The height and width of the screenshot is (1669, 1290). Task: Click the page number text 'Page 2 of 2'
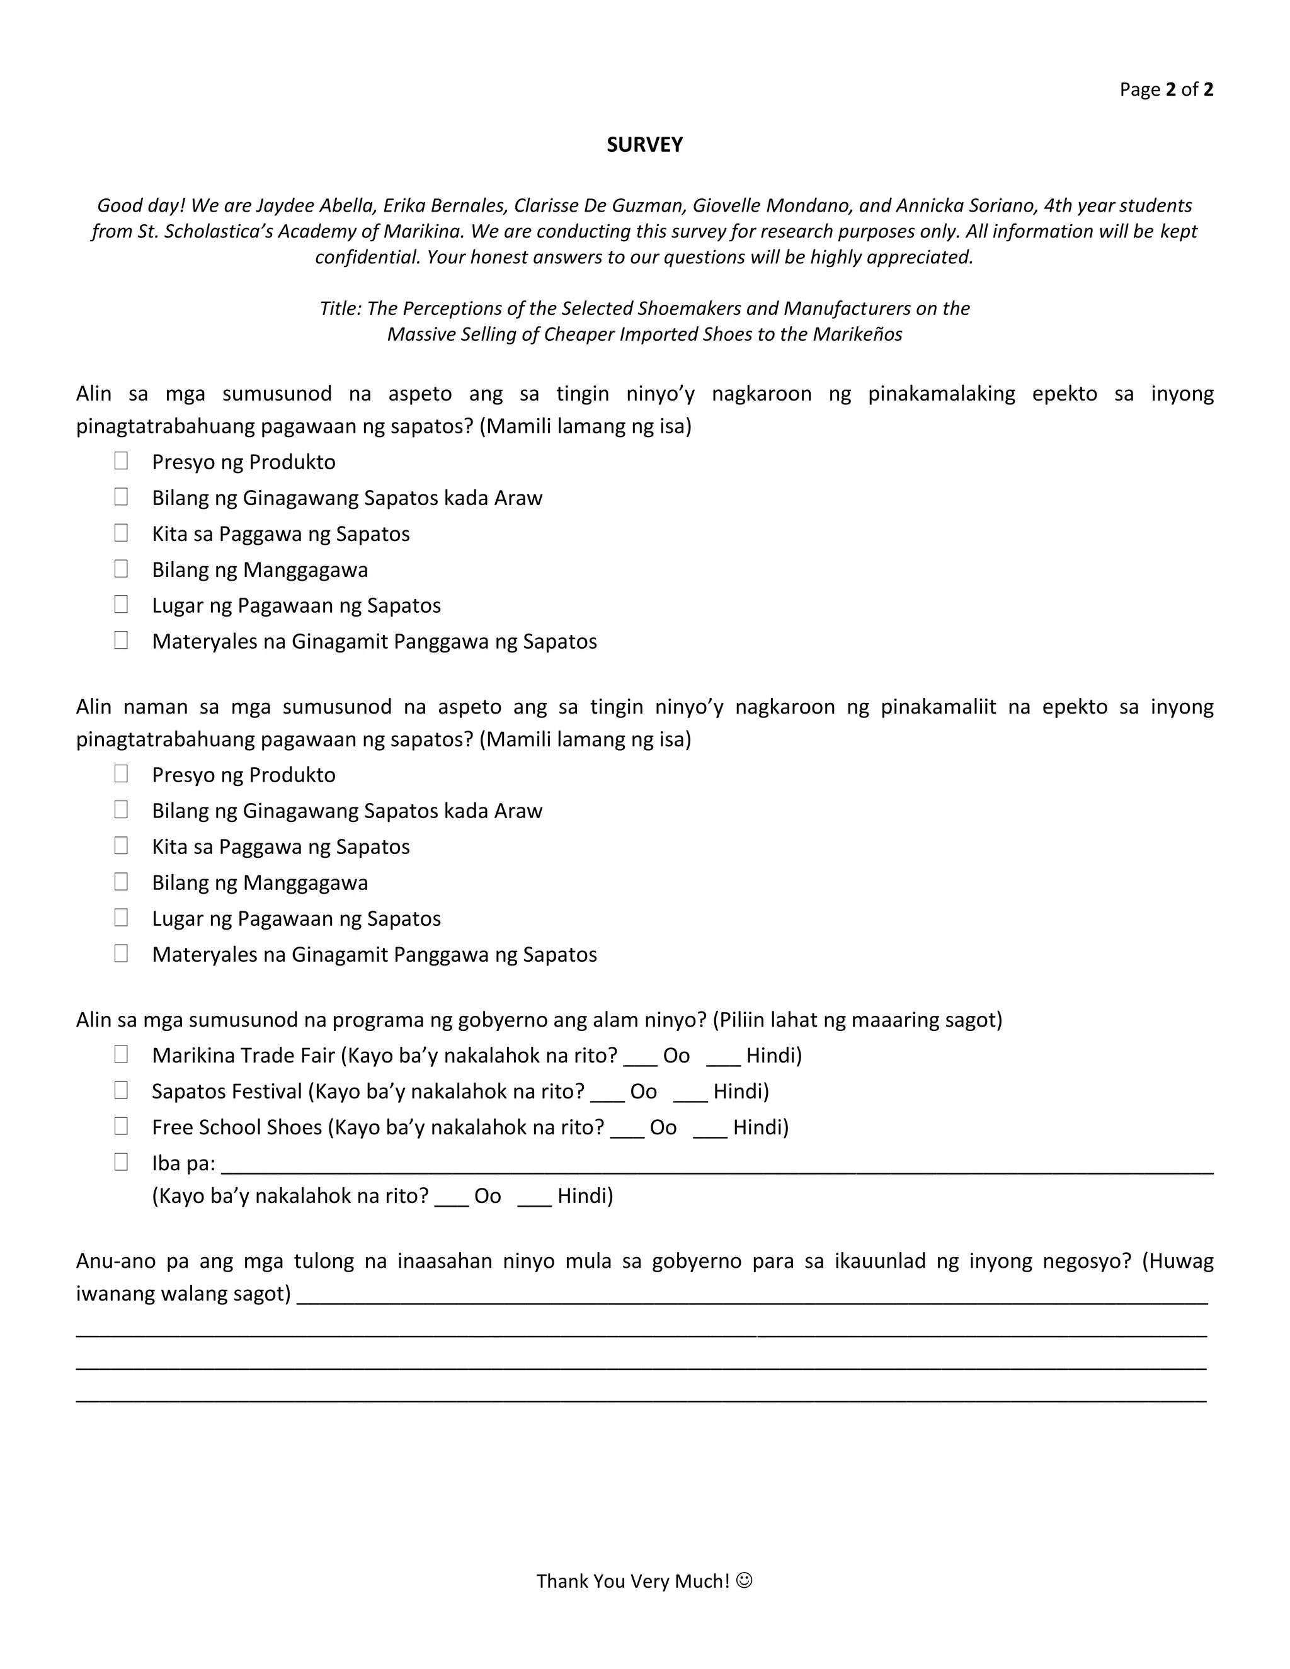1166,89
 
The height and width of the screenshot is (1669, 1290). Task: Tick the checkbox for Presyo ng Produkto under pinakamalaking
121,461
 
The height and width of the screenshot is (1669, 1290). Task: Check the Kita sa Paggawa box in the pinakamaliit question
121,845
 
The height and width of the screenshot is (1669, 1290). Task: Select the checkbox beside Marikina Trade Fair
121,1054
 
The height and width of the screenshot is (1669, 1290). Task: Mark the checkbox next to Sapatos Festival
121,1090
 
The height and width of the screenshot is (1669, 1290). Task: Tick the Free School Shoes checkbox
121,1125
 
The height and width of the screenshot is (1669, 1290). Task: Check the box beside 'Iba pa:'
121,1161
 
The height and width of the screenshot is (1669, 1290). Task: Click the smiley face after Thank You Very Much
745,1580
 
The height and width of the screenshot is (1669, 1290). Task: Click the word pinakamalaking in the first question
941,394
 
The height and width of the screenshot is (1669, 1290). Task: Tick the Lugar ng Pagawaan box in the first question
121,605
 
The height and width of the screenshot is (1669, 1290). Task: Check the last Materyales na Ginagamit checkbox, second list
121,953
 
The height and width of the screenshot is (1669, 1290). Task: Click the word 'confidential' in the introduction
368,258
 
